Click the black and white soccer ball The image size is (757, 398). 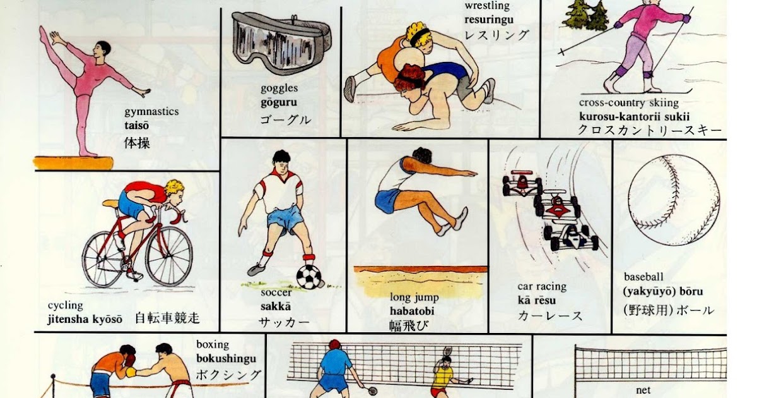click(x=308, y=276)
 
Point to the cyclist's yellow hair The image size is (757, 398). click(x=174, y=187)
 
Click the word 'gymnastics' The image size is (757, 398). click(x=151, y=112)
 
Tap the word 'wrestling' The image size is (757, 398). click(x=487, y=6)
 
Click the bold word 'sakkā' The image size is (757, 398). click(x=276, y=307)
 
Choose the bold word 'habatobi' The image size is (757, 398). click(x=412, y=311)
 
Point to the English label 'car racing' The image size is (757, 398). click(x=542, y=287)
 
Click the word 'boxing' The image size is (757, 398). click(x=213, y=346)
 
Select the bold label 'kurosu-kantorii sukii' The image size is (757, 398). click(x=635, y=116)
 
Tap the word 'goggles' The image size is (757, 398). click(x=279, y=88)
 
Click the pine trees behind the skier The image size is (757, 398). click(x=586, y=15)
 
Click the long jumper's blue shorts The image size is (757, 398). click(x=386, y=200)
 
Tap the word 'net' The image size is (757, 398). click(x=643, y=390)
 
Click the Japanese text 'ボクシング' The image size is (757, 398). click(x=228, y=375)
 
